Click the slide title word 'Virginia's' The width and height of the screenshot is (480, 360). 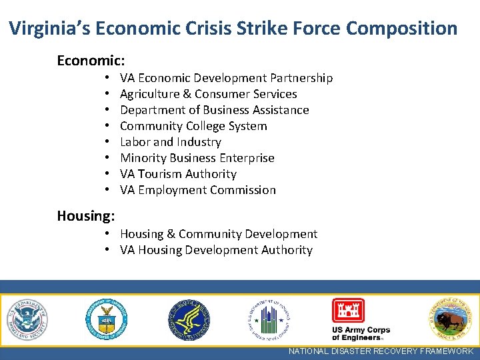click(49, 29)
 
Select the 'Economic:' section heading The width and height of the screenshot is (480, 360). click(91, 61)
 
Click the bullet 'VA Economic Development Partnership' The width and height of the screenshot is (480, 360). click(226, 78)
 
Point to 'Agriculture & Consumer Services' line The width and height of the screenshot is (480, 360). click(208, 94)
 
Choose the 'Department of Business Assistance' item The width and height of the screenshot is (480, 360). click(214, 110)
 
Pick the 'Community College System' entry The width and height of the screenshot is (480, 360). click(193, 126)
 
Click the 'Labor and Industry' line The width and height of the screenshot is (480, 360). click(170, 142)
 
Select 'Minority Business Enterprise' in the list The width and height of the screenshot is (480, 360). click(197, 158)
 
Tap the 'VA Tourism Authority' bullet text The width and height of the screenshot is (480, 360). click(178, 174)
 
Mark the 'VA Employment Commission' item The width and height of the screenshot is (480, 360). click(197, 190)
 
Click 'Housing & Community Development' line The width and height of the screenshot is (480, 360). click(218, 234)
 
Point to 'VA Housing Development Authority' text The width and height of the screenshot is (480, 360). click(216, 250)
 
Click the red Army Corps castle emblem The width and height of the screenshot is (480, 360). click(348, 311)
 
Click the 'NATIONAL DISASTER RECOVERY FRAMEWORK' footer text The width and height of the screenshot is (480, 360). click(381, 351)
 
